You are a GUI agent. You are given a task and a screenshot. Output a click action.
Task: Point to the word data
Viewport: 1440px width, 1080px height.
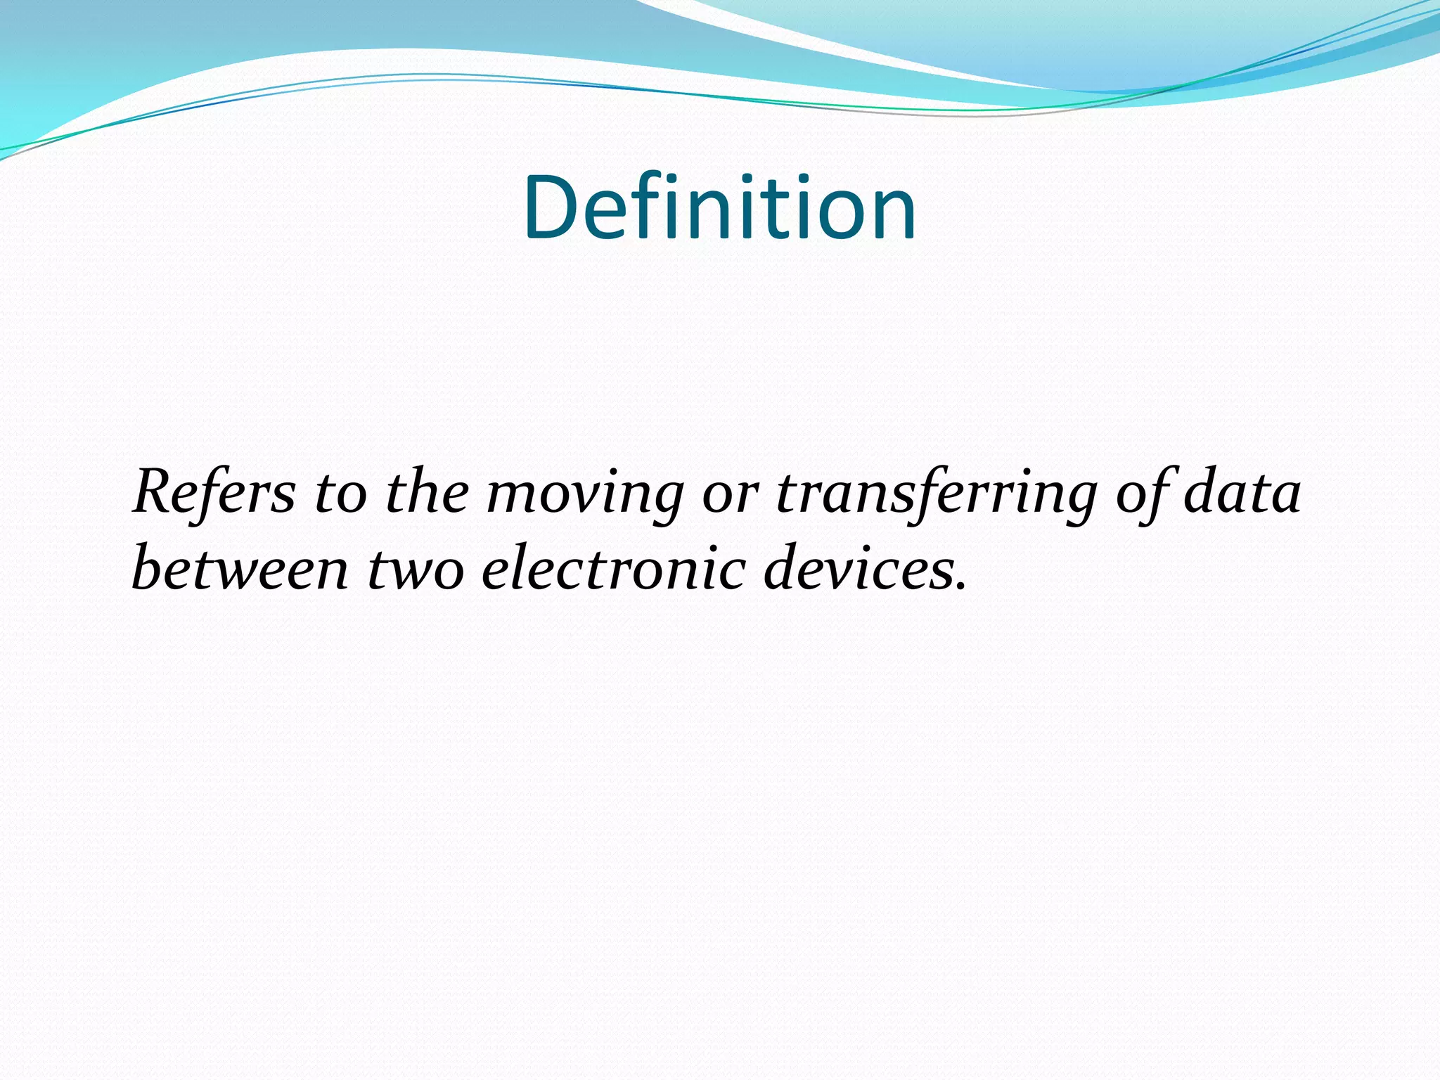[x=1242, y=492]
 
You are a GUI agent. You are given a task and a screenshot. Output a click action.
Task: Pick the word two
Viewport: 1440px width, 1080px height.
[x=416, y=570]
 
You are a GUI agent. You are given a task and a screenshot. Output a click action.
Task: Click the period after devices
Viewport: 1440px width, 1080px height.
[x=961, y=586]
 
